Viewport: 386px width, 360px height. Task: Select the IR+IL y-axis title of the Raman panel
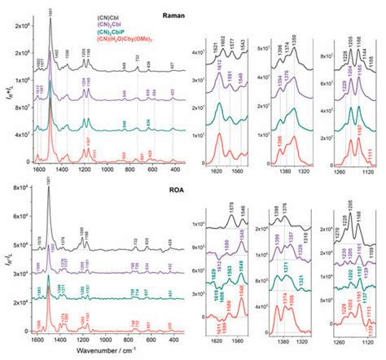pos(7,90)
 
